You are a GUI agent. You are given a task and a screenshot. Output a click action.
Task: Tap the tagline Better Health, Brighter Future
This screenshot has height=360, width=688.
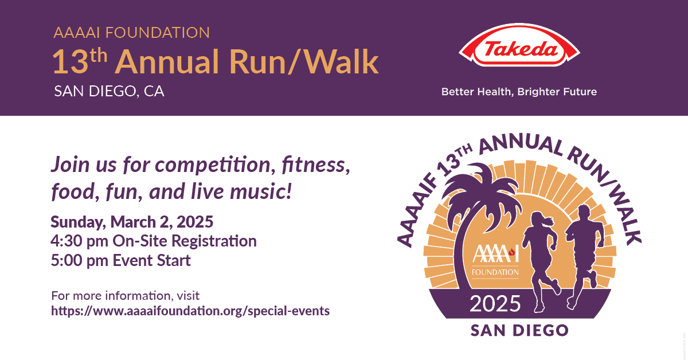coord(518,92)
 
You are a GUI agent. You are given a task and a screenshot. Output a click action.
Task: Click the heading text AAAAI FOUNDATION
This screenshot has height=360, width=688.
coord(131,33)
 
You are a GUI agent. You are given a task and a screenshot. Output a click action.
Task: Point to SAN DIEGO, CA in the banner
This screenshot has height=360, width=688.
coord(109,92)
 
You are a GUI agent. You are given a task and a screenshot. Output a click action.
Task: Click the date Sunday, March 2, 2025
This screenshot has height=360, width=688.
coord(132,221)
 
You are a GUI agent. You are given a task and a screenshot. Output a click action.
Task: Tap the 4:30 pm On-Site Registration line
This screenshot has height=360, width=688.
coord(154,241)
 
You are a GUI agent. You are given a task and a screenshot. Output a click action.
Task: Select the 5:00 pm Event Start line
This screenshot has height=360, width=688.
coord(121,260)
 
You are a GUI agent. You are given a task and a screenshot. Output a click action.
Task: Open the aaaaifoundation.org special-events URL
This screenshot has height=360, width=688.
coord(190,311)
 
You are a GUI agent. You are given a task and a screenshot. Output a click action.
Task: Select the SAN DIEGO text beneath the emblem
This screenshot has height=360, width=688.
coord(519,331)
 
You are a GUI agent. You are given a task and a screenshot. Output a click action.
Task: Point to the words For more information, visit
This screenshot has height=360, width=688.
coord(125,296)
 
